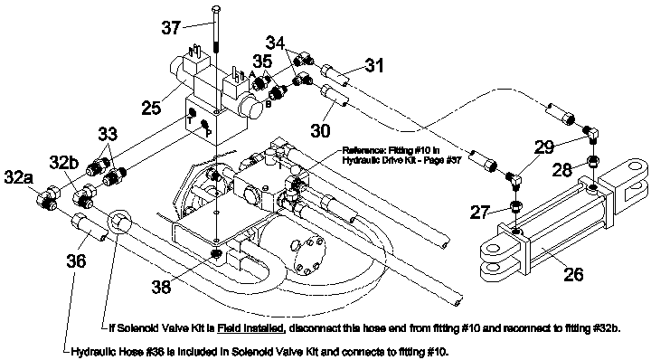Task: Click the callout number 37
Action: tap(172, 28)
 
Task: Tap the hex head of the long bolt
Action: tap(216, 9)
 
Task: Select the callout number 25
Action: tap(151, 108)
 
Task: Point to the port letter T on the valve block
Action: tap(189, 121)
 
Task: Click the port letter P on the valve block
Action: tap(209, 132)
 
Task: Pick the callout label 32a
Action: tap(19, 177)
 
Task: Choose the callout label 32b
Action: tap(64, 162)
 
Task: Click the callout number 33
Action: tap(108, 134)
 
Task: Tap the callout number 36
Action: tap(76, 261)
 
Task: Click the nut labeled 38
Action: tap(216, 253)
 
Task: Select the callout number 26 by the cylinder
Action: tap(573, 274)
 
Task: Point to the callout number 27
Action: tap(480, 213)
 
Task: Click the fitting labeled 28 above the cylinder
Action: tap(593, 161)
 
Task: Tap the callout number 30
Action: tap(320, 130)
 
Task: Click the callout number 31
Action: tap(374, 65)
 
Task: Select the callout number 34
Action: tap(276, 43)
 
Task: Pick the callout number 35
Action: tap(262, 61)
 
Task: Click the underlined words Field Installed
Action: tap(251, 328)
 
